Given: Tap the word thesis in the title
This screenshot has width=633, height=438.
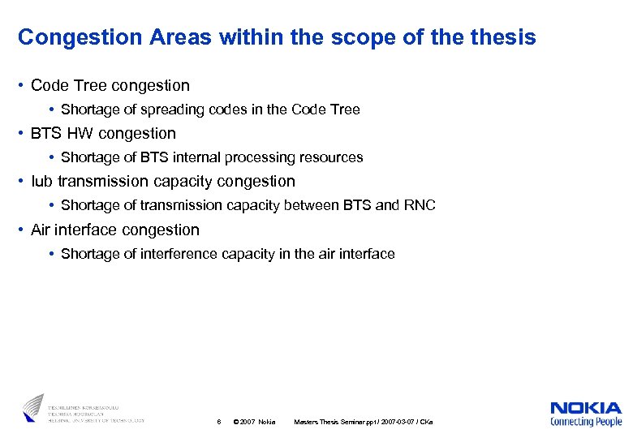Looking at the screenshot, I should [x=502, y=37].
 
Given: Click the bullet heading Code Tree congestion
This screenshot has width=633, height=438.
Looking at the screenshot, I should [x=110, y=85].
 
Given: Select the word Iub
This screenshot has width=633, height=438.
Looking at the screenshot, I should [x=41, y=182].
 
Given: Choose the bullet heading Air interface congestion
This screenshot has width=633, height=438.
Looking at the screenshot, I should [x=115, y=230].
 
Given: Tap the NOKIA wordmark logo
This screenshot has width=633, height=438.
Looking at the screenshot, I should [x=586, y=408].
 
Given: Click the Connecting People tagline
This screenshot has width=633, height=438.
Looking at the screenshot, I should [x=586, y=422].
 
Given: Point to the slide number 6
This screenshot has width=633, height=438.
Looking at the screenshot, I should [x=219, y=422].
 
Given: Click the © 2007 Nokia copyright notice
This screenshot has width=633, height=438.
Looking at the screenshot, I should [x=254, y=422].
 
